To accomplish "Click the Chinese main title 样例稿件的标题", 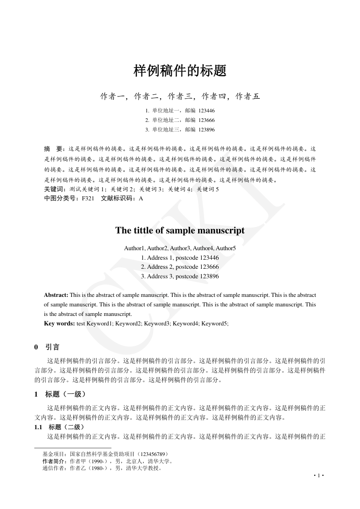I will [180, 71].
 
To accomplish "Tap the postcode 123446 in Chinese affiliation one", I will [206, 110].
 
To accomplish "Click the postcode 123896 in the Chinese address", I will [206, 130].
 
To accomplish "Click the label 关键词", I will [54, 189].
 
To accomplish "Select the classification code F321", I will [88, 199].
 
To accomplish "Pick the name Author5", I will [226, 248].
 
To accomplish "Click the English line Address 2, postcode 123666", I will [180, 267].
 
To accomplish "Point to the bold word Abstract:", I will [56, 295].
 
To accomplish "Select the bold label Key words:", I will [59, 324].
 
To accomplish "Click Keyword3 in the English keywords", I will [157, 324].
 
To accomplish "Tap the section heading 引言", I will [52, 348].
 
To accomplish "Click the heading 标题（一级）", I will [66, 394].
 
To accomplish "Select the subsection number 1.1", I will [39, 427].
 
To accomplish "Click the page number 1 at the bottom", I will [319, 475].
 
